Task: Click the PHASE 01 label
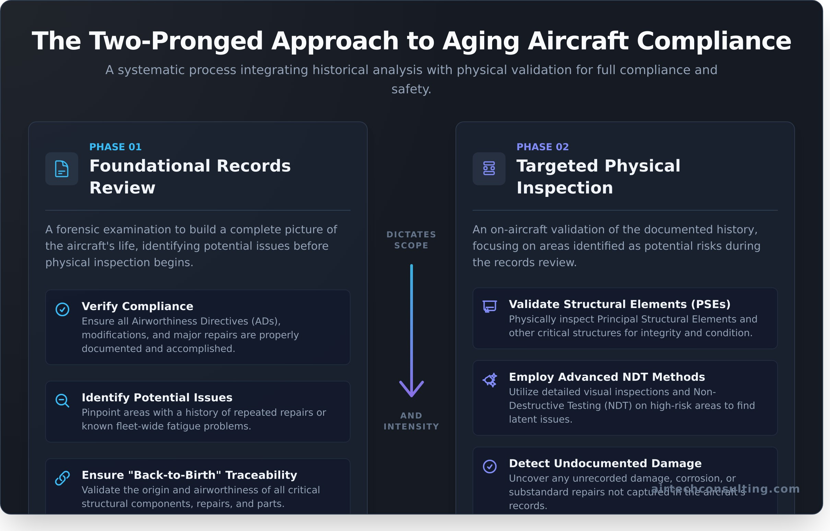click(115, 147)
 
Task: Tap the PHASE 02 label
click(542, 147)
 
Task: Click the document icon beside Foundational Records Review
click(62, 169)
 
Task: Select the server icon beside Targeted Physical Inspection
click(489, 169)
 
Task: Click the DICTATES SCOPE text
click(411, 240)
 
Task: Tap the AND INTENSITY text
click(411, 421)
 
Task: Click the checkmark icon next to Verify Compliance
click(62, 309)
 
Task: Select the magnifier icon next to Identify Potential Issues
click(62, 401)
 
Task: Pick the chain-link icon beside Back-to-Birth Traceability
click(62, 478)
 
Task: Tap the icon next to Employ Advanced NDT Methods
click(489, 380)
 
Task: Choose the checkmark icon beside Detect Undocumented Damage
click(489, 467)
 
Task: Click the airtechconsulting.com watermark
click(725, 488)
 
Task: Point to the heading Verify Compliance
click(137, 306)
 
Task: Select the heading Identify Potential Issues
click(157, 398)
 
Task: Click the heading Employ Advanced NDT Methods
click(607, 377)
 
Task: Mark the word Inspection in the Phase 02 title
click(564, 188)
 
